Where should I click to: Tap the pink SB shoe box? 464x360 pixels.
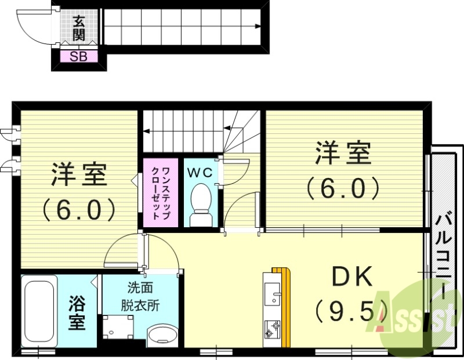coord(79,57)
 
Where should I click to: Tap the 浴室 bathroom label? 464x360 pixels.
coord(77,312)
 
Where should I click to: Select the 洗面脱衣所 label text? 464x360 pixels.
coord(140,296)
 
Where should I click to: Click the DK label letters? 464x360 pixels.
coord(351,279)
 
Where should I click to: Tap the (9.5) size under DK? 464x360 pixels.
coord(351,313)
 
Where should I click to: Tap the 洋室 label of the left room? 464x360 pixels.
coord(78,174)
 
